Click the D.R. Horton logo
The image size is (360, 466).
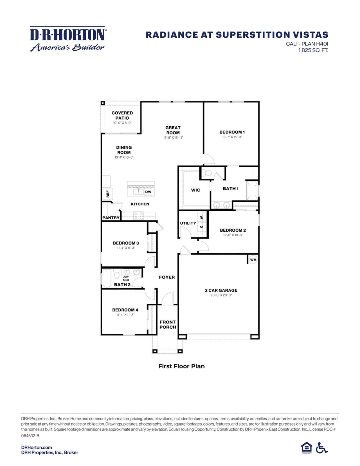click(x=67, y=39)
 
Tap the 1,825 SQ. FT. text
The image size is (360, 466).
click(x=313, y=50)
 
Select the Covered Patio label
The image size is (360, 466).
click(x=122, y=115)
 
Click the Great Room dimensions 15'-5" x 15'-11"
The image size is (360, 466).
click(x=173, y=138)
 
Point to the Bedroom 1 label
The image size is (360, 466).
click(x=232, y=132)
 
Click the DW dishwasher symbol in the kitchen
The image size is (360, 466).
click(x=148, y=192)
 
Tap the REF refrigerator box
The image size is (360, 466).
click(x=107, y=194)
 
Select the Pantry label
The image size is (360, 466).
click(x=111, y=218)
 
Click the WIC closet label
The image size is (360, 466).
click(x=195, y=190)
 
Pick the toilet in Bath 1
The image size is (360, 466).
click(x=208, y=173)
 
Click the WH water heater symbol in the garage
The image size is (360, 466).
click(x=253, y=259)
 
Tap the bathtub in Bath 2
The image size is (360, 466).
click(x=107, y=278)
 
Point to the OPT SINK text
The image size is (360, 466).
click(x=126, y=279)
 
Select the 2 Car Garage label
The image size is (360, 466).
click(x=221, y=290)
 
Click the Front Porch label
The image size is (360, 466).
click(x=168, y=324)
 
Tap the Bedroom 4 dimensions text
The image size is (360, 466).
click(x=125, y=315)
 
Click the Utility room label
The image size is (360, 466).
click(x=188, y=223)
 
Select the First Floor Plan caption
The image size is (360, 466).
click(x=181, y=366)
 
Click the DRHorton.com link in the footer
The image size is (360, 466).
click(x=37, y=447)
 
